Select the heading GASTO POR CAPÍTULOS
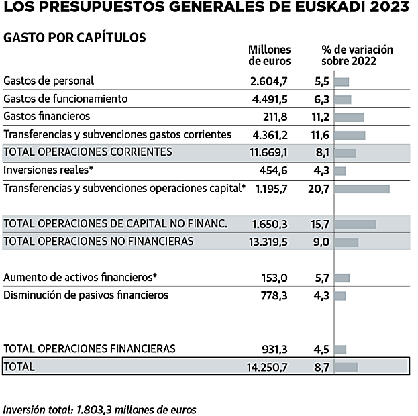click(x=74, y=38)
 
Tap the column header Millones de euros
click(x=269, y=55)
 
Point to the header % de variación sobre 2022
click(x=357, y=55)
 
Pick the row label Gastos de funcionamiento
click(x=66, y=99)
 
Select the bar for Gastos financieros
click(x=349, y=117)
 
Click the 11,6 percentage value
click(x=321, y=135)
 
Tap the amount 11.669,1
click(x=268, y=152)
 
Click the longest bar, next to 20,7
click(x=362, y=189)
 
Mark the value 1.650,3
click(x=270, y=223)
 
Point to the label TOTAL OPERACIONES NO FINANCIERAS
click(x=99, y=240)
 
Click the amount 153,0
click(x=274, y=277)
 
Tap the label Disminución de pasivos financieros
click(x=86, y=295)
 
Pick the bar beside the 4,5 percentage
click(x=340, y=349)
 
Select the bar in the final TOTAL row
click(x=346, y=367)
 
